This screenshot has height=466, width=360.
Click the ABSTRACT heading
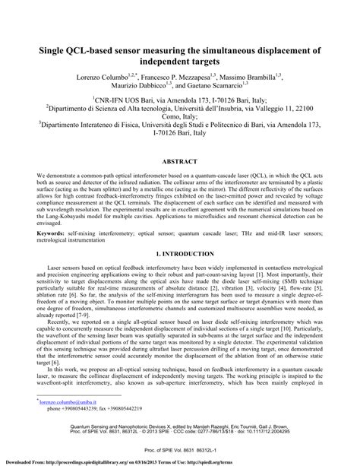click(x=179, y=161)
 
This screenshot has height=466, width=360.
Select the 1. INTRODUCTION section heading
click(x=179, y=250)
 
